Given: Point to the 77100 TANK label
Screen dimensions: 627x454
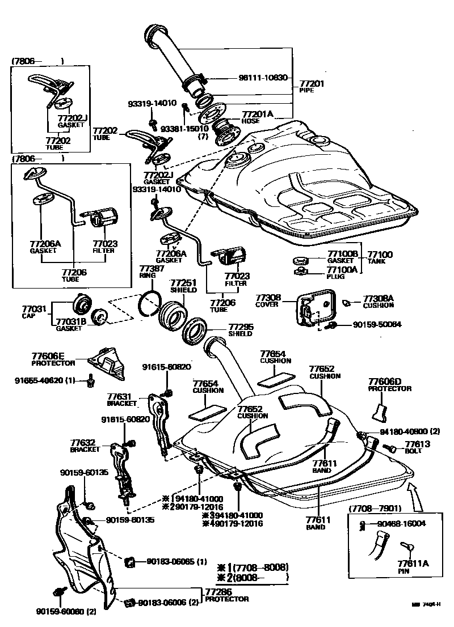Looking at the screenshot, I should coord(380,257).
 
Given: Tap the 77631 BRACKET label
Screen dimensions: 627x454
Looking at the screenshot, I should coord(122,400).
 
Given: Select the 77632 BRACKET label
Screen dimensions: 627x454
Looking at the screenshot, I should coord(85,445).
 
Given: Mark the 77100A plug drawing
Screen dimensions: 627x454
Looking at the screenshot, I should coord(300,272).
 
